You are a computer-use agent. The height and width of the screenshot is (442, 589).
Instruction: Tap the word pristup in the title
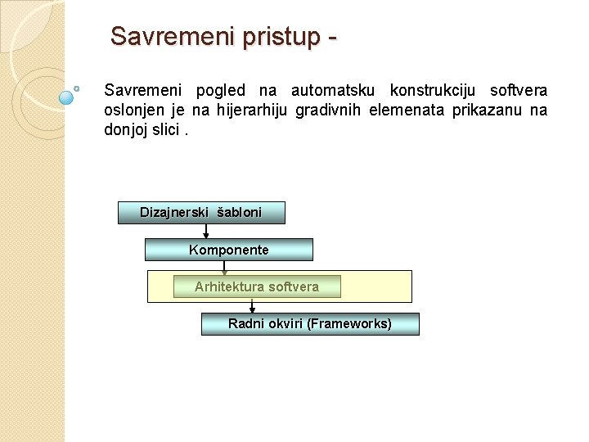[x=272, y=37]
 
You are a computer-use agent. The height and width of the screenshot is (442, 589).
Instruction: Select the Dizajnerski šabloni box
[x=201, y=213]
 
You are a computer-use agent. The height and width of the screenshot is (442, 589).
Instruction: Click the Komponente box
[x=229, y=250]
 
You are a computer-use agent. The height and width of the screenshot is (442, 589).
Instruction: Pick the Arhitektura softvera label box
[x=257, y=286]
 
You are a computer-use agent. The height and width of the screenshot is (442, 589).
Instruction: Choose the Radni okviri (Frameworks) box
[x=310, y=324]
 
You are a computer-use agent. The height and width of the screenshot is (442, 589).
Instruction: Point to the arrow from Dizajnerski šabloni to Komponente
[x=206, y=231]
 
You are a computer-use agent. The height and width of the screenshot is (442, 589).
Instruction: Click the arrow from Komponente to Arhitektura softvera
[x=224, y=268]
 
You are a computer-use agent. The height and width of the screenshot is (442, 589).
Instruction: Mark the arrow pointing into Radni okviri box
[x=252, y=306]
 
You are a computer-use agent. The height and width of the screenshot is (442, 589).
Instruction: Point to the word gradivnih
[x=328, y=110]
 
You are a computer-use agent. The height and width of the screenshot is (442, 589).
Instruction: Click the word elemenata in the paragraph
[x=406, y=110]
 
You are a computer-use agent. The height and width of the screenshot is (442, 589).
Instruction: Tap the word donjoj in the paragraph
[x=126, y=129]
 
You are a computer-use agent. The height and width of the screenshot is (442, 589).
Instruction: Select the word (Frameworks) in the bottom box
[x=349, y=324]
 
